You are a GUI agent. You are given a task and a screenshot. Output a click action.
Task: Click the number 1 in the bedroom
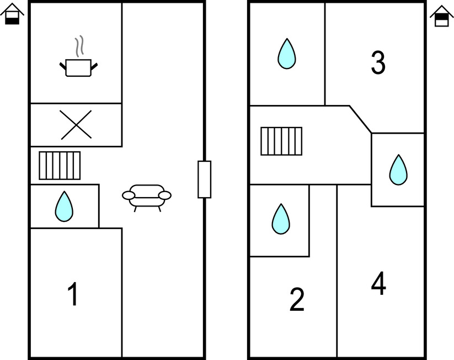click(x=73, y=293)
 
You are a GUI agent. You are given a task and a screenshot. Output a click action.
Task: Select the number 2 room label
click(x=297, y=299)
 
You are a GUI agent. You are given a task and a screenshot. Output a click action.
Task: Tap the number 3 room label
click(x=378, y=62)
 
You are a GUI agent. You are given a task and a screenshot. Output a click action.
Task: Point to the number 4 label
click(x=378, y=283)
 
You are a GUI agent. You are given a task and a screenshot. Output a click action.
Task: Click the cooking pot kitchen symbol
click(x=78, y=67)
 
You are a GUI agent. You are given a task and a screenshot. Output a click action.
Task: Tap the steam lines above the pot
click(x=79, y=45)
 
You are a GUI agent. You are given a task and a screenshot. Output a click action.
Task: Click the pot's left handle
click(x=63, y=66)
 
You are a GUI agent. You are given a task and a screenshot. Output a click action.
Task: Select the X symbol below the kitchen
click(x=76, y=125)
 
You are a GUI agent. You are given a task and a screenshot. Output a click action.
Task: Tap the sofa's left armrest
click(x=129, y=195)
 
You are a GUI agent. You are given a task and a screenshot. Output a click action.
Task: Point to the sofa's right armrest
click(x=165, y=195)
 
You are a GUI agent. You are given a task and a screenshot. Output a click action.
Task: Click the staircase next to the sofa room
click(x=60, y=166)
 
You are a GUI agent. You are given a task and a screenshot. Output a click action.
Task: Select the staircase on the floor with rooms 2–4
click(x=281, y=141)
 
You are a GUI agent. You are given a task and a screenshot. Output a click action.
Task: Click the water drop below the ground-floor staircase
click(x=64, y=207)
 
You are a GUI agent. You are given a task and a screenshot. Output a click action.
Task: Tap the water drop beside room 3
click(x=287, y=54)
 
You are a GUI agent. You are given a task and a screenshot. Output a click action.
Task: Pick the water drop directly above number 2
click(x=281, y=219)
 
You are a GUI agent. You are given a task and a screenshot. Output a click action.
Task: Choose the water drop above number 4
click(x=398, y=170)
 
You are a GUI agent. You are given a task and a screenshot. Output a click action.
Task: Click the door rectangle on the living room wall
click(x=205, y=179)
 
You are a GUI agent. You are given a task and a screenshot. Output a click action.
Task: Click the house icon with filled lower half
click(x=12, y=14)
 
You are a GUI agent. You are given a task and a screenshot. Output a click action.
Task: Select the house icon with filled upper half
click(x=442, y=16)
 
